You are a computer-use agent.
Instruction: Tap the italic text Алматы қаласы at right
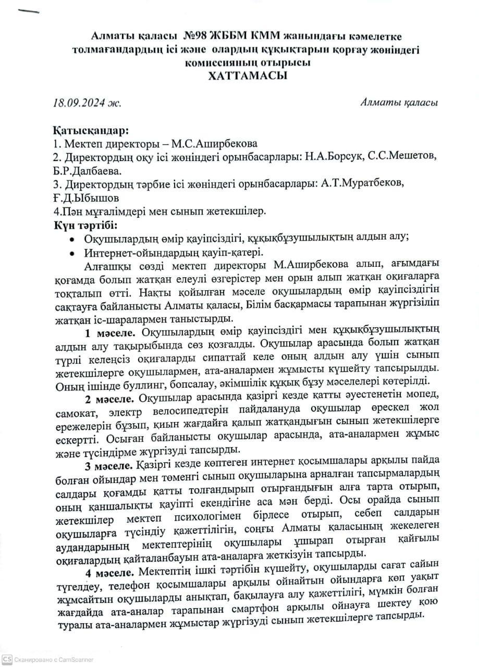pos(399,102)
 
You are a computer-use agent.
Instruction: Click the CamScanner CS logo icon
pos(6,659)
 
